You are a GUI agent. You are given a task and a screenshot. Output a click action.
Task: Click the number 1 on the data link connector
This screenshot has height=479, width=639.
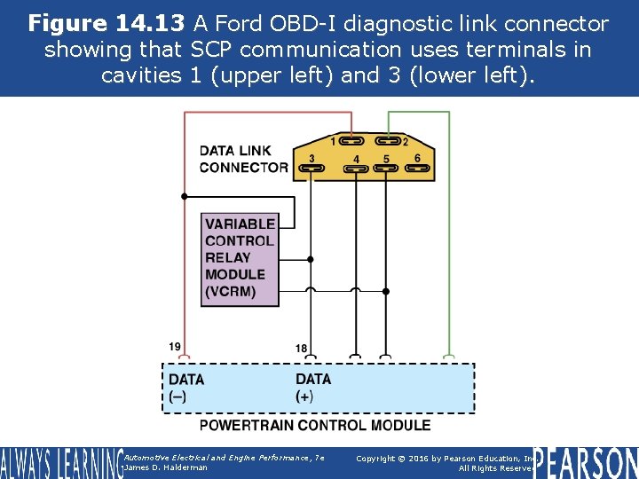(333, 140)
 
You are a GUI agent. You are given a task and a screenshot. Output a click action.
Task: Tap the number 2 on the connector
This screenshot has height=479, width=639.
(406, 141)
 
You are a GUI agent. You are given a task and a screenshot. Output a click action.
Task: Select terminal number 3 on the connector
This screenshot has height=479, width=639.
(312, 159)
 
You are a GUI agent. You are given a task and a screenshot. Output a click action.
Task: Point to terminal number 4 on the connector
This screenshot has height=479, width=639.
(356, 160)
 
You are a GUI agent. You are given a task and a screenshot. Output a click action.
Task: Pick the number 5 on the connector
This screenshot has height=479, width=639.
(386, 160)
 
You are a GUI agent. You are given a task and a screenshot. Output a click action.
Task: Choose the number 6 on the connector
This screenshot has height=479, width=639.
(417, 158)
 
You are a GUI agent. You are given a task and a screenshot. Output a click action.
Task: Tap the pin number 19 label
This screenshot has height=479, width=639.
(176, 346)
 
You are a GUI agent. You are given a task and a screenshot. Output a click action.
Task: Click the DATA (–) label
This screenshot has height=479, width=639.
(185, 388)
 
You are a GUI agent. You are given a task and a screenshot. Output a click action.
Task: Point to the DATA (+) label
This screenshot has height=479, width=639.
(312, 388)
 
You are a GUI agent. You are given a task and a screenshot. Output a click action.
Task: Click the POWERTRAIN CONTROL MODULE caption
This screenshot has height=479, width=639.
(314, 425)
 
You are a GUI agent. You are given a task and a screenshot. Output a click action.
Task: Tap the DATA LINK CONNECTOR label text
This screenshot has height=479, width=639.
(242, 159)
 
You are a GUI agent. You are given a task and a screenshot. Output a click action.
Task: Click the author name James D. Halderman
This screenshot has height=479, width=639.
(167, 467)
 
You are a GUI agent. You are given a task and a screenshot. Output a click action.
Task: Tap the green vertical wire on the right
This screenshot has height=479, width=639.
(450, 239)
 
